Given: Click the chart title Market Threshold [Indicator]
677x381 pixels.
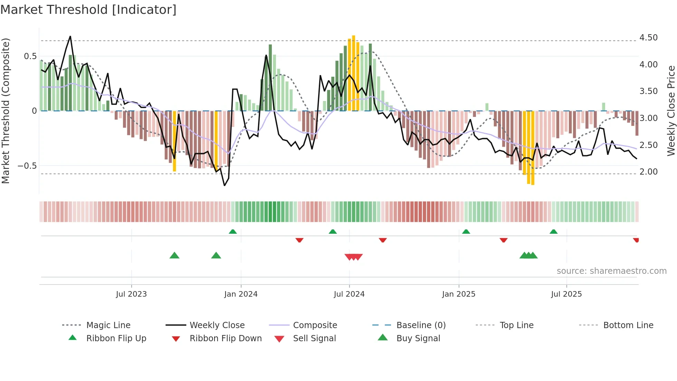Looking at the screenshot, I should coord(88,10).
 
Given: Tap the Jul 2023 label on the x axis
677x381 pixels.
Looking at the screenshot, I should coord(131,294).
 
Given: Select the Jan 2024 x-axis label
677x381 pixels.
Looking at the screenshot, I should coord(241,294).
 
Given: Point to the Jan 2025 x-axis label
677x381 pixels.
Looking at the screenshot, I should coord(459,294).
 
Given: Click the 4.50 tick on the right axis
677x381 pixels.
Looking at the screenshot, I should coord(648,37).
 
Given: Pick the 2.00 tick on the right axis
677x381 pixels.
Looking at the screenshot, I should coord(648,172).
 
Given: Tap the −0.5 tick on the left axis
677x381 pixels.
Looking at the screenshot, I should coord(27,166).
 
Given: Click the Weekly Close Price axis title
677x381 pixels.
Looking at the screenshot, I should coord(671,111).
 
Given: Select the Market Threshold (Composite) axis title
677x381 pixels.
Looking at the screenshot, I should coord(6,111).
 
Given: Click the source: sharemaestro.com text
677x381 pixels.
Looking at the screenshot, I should coord(611,271).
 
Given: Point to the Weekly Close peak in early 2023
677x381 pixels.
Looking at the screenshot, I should coord(70,36).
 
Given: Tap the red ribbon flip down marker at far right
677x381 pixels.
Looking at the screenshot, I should coord(636,240).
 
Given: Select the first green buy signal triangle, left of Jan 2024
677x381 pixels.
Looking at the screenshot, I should coord(174,255).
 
